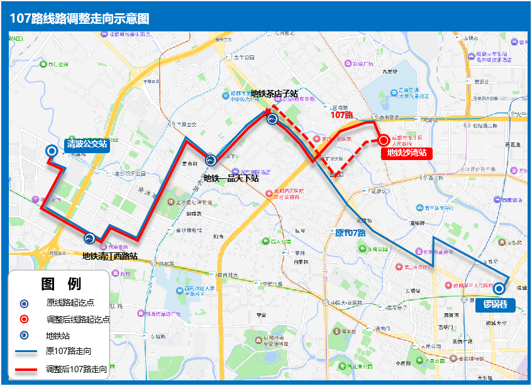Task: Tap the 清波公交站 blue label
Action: pos(87,145)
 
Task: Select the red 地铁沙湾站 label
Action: pos(407,153)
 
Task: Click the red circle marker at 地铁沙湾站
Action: pos(384,141)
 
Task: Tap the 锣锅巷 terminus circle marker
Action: pos(499,289)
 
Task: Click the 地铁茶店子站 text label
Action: pos(274,94)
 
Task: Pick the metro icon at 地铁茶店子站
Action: pos(272,119)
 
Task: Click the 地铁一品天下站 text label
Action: pos(231,178)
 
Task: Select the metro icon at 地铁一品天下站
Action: pos(211,160)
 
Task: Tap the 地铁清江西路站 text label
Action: pos(110,256)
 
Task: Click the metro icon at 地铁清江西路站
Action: pos(89,239)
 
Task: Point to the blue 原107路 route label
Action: pos(350,233)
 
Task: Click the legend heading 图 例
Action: pos(61,284)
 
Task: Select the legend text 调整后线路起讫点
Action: pos(78,319)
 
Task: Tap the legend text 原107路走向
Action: pos(69,351)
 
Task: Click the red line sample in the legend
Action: pos(26,368)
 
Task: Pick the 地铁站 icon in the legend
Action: pos(24,335)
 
